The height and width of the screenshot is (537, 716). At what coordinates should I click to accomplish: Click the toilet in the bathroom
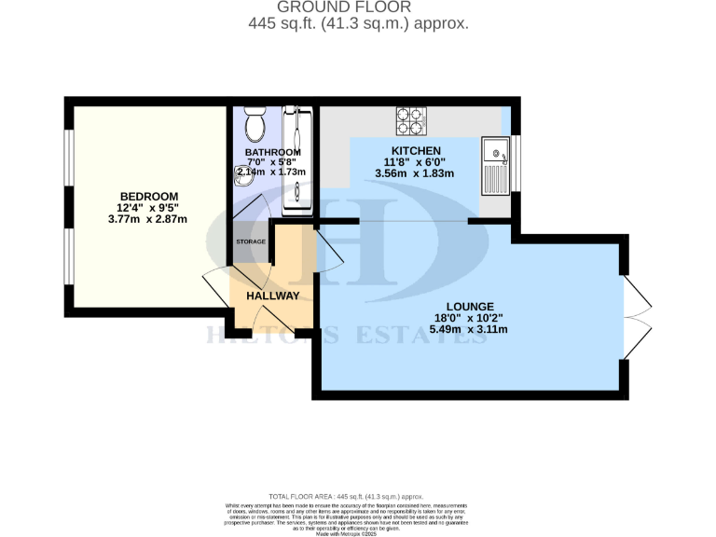(x=254, y=123)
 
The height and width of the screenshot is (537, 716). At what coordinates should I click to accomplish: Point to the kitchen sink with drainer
(x=494, y=166)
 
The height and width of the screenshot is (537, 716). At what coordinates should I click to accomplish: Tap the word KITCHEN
(x=415, y=151)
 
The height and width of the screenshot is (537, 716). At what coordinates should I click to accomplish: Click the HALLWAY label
(x=272, y=296)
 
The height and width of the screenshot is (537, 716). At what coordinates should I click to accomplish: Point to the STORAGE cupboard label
(x=250, y=241)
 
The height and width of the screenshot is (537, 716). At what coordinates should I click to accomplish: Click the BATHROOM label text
(x=272, y=152)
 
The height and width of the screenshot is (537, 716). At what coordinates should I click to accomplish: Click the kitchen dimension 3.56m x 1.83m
(x=415, y=173)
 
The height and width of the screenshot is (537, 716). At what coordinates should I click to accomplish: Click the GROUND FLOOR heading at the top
(x=358, y=8)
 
